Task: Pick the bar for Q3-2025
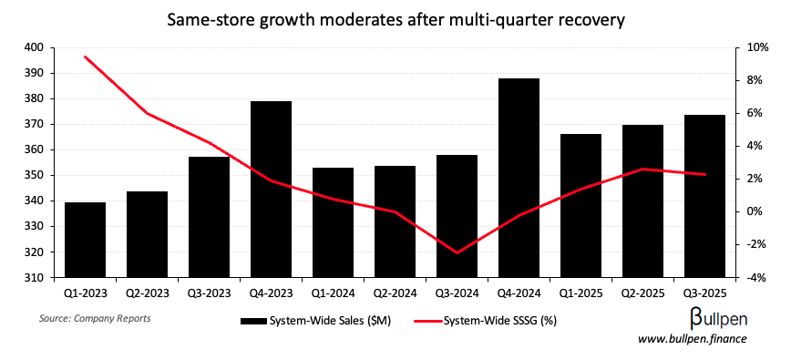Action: pyautogui.click(x=704, y=196)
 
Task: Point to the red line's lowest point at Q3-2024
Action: pyautogui.click(x=457, y=252)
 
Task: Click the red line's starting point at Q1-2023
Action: pyautogui.click(x=85, y=57)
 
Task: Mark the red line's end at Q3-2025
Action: pyautogui.click(x=704, y=174)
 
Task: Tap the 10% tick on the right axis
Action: pyautogui.click(x=755, y=47)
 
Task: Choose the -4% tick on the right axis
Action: pyautogui.click(x=755, y=278)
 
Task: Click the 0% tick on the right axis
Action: pyautogui.click(x=755, y=211)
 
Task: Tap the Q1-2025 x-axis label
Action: pyautogui.click(x=580, y=293)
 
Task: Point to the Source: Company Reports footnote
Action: pyautogui.click(x=95, y=319)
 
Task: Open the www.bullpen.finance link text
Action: pyautogui.click(x=692, y=339)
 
